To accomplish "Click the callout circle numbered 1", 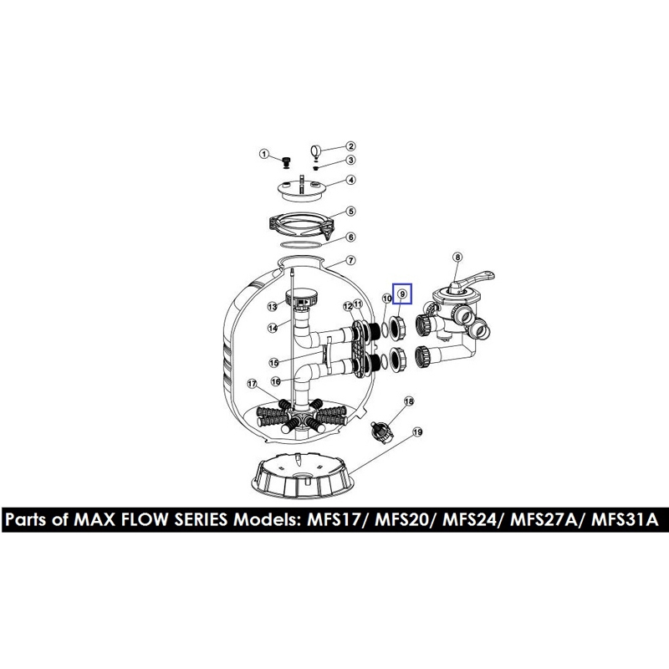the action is click(264, 154).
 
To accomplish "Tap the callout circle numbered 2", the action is click(350, 146).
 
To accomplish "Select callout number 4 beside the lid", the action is click(350, 180).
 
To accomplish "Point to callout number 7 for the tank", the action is click(350, 260).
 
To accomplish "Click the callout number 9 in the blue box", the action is click(402, 294).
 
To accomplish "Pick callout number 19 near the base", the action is click(417, 432).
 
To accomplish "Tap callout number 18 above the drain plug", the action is click(409, 401).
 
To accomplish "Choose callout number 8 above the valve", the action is click(457, 257).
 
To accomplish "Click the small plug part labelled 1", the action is click(287, 162).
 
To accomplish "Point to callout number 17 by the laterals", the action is click(253, 384).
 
